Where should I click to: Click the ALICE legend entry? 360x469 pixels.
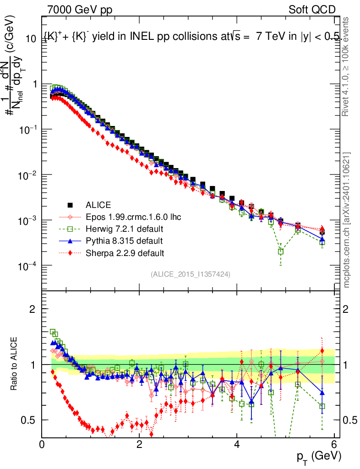98,205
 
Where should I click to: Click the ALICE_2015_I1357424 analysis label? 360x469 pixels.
190,274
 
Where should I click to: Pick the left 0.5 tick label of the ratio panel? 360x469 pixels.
30,420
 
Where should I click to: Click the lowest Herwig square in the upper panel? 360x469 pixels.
280,251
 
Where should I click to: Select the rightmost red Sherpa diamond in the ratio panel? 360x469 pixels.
322,351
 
